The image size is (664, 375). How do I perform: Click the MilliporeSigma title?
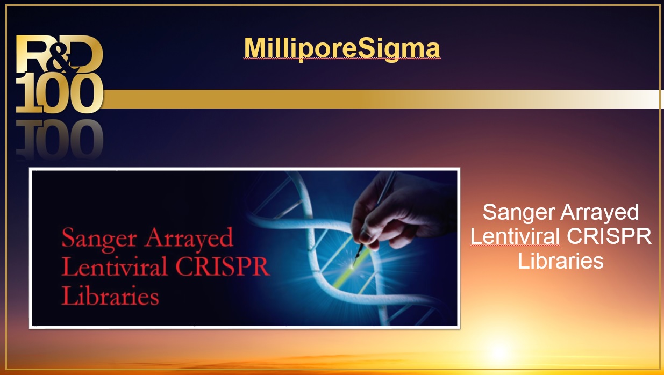pos(342,48)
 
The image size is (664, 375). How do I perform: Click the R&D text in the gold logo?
pos(59,54)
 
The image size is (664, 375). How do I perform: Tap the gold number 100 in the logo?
pos(59,93)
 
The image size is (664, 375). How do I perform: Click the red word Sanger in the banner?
pos(99,239)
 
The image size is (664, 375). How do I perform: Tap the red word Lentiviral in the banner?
pos(114,266)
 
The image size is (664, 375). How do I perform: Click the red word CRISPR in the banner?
pos(223,266)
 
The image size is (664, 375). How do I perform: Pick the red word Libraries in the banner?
pos(110,295)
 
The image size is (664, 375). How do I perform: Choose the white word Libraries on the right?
pos(561,261)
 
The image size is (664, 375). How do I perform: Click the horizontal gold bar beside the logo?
pos(382,99)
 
